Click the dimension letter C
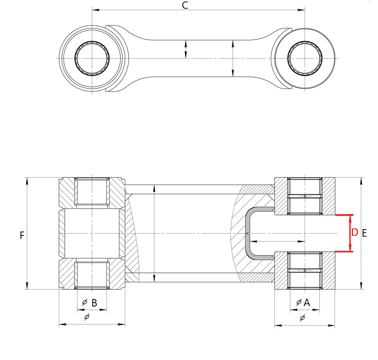click(x=185, y=5)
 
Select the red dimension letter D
click(x=355, y=233)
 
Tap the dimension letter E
click(x=364, y=233)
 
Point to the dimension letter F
click(x=22, y=235)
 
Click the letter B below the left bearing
click(x=94, y=303)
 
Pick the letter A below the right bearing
click(x=307, y=303)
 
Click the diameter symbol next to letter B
click(x=85, y=302)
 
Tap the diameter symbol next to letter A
click(x=299, y=302)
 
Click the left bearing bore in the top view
click(x=92, y=58)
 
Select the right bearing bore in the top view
click(x=305, y=58)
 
